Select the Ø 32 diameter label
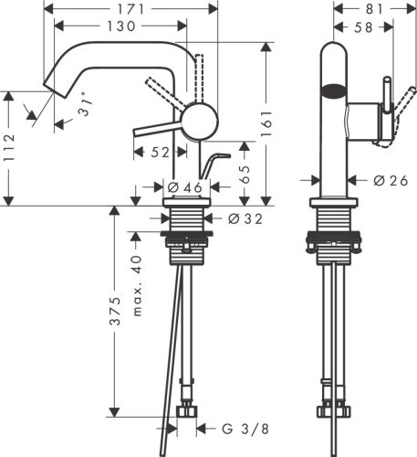[245, 219]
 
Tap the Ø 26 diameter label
[391, 181]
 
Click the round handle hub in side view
[201, 119]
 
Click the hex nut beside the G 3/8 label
[189, 411]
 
